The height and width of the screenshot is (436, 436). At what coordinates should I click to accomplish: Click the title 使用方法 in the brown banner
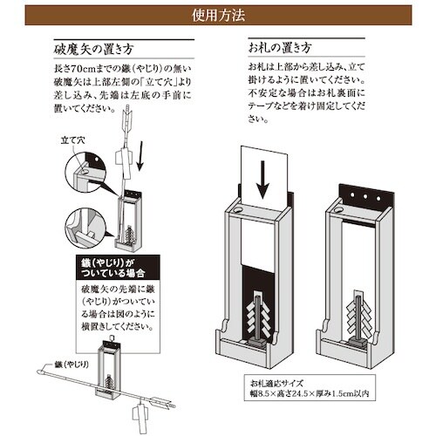pyautogui.click(x=217, y=17)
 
